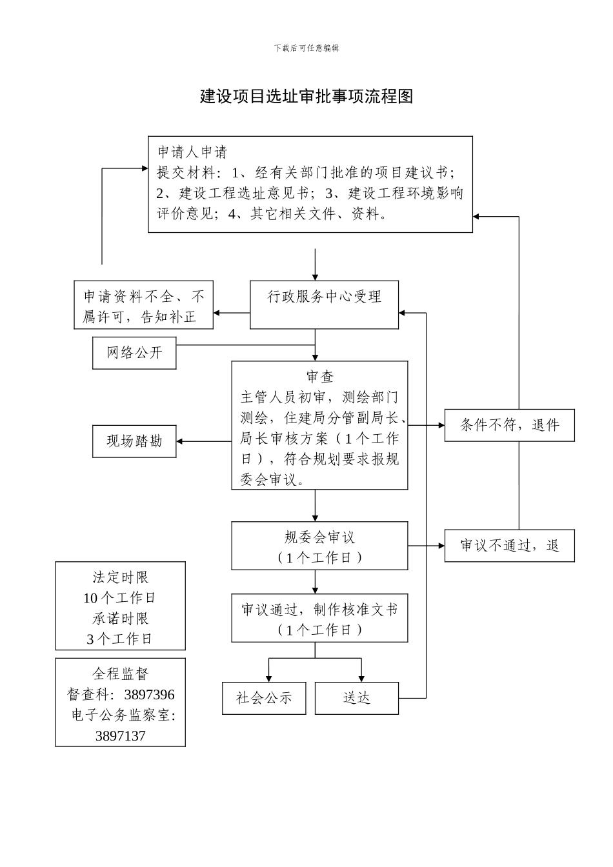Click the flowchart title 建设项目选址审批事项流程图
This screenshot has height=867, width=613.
tap(306, 97)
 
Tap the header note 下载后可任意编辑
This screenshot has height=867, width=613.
tap(306, 48)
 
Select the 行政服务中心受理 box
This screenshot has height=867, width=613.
tap(324, 304)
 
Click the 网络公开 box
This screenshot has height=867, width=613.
tap(134, 353)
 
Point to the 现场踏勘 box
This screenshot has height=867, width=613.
tap(134, 441)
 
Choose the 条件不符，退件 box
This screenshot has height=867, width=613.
tap(509, 425)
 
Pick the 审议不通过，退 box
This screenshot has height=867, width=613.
tap(509, 546)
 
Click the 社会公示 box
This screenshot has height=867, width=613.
tap(264, 698)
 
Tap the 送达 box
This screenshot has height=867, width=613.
tap(356, 698)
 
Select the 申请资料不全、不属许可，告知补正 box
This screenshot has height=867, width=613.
tap(143, 305)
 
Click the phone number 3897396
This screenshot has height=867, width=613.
tap(149, 695)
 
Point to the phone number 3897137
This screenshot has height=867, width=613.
tap(120, 736)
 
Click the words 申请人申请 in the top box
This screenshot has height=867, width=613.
tap(193, 152)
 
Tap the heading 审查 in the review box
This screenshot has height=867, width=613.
tap(320, 377)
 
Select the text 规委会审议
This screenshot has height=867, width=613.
tap(320, 537)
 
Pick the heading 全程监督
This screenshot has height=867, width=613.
tap(120, 674)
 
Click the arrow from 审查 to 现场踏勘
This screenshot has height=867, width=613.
tap(203, 441)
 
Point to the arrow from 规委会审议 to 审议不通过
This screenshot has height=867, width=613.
tap(426, 546)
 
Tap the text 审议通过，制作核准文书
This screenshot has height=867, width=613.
tap(320, 610)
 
